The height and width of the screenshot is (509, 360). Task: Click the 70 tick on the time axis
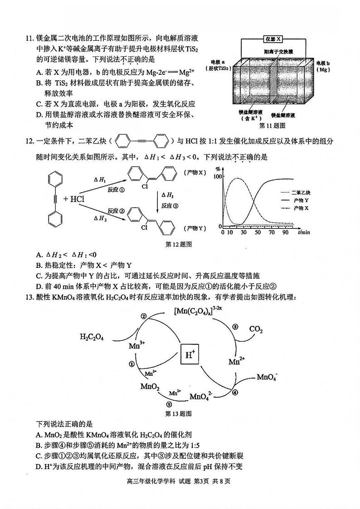coord(271,233)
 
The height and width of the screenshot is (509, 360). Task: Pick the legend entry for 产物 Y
coord(301,200)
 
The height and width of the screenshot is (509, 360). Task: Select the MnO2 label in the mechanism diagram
coord(150,387)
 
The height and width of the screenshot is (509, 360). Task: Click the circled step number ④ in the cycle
coord(234,393)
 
